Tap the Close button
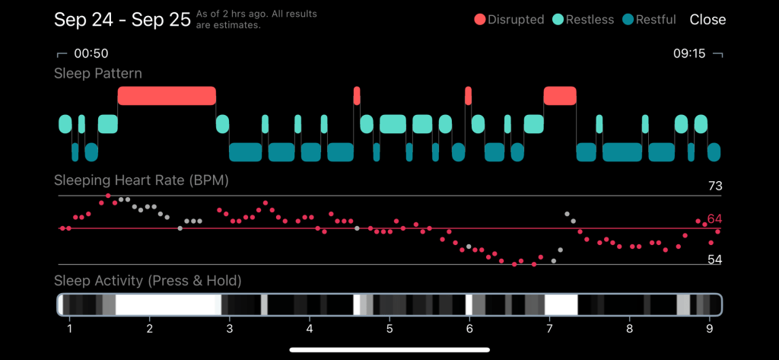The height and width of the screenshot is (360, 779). click(x=707, y=20)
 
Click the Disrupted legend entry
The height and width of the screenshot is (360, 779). click(x=509, y=20)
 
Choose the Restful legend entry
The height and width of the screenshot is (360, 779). click(x=649, y=20)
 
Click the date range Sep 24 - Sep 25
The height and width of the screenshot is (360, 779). click(x=122, y=20)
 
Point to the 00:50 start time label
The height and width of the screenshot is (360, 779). click(x=91, y=54)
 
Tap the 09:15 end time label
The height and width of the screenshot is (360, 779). click(x=690, y=54)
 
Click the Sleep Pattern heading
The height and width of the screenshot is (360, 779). click(x=97, y=74)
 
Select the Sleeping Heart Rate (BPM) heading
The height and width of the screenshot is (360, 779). click(x=141, y=181)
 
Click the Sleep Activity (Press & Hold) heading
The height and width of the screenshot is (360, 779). click(x=148, y=282)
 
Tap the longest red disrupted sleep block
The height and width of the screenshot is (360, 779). click(x=167, y=96)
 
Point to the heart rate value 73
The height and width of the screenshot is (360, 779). click(x=714, y=186)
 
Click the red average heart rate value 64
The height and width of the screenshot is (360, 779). click(x=714, y=219)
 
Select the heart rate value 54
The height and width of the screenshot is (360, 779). click(x=714, y=260)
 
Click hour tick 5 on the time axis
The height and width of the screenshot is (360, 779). click(x=389, y=330)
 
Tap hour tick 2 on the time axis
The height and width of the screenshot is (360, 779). click(x=150, y=330)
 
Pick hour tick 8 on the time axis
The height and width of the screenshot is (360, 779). click(x=629, y=330)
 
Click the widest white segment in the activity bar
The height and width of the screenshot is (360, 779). click(x=167, y=305)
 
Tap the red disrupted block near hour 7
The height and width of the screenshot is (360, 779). click(x=560, y=96)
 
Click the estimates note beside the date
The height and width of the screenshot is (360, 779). click(x=256, y=20)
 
